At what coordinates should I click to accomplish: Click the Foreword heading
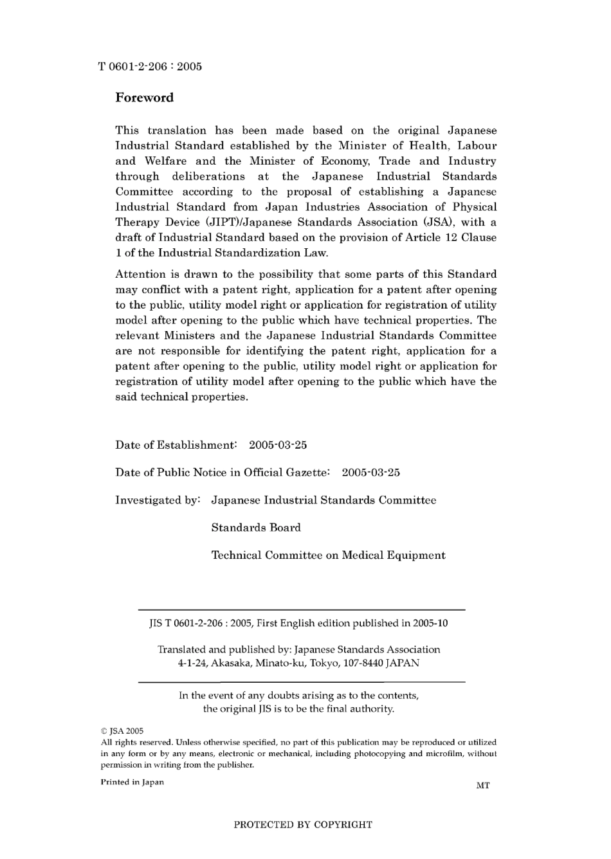[x=144, y=98]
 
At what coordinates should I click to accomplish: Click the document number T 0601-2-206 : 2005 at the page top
[x=150, y=66]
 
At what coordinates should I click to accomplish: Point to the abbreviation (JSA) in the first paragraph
[x=437, y=222]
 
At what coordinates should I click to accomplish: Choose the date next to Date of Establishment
[x=278, y=445]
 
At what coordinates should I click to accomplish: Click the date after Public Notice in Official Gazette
[x=370, y=473]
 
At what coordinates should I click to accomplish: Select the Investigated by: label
[x=158, y=500]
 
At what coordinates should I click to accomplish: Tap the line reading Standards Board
[x=256, y=528]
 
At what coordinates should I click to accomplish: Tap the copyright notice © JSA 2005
[x=122, y=731]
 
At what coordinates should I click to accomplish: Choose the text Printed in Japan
[x=132, y=782]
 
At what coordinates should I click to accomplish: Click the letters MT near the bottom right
[x=482, y=786]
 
